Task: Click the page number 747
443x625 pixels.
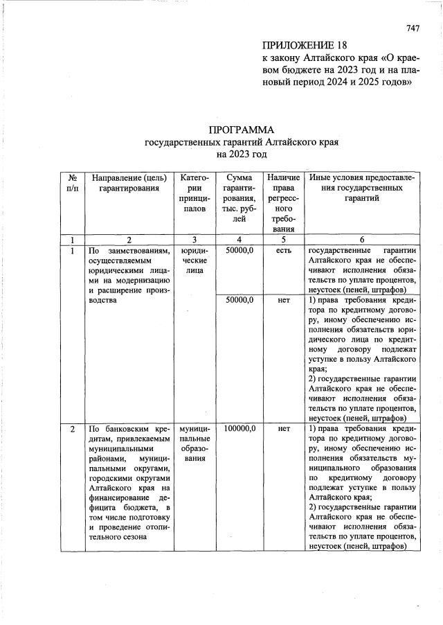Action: [x=413, y=28]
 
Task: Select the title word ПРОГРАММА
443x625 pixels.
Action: [x=241, y=130]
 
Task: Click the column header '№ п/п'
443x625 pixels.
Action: [x=71, y=183]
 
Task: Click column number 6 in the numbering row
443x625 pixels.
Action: [x=361, y=240]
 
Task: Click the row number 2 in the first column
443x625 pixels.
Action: [x=72, y=429]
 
